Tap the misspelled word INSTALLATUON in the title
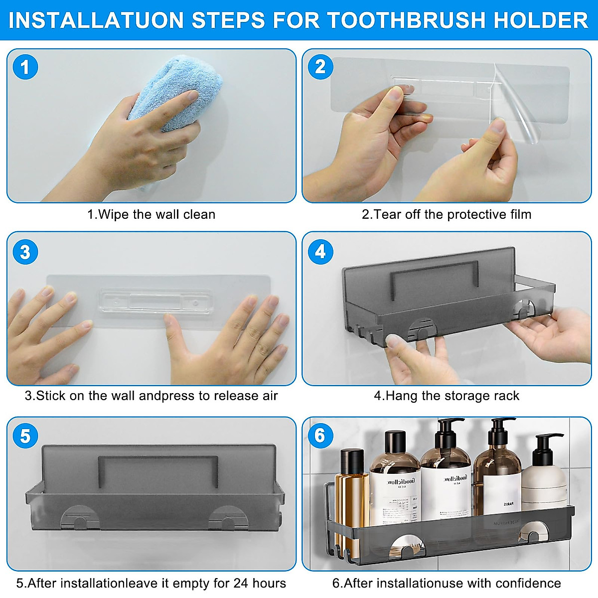click(97, 20)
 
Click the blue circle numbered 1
click(25, 67)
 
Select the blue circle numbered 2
click(320, 67)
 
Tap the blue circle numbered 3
click(25, 252)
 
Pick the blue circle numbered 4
click(320, 252)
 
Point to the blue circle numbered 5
click(25, 437)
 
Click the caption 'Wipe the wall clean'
click(151, 214)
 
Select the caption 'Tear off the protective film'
click(447, 214)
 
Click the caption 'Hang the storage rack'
click(447, 396)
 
